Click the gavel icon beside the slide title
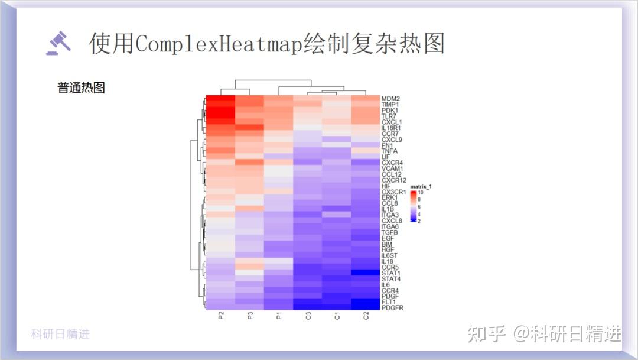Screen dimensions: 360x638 coord(58,43)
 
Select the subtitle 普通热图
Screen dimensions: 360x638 coord(81,88)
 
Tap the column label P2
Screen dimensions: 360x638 coord(220,316)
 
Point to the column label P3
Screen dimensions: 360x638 coord(250,316)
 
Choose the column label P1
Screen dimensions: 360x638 coord(279,316)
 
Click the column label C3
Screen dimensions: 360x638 coord(308,316)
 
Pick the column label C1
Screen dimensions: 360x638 coord(337,316)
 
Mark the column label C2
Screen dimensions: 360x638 coord(366,316)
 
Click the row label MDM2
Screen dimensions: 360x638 coord(390,99)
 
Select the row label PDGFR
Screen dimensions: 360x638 coord(392,307)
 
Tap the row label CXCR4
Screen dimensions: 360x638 coord(392,163)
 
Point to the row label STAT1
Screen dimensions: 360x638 coord(391,273)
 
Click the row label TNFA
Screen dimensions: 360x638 coord(390,151)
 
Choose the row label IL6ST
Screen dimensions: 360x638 coord(391,255)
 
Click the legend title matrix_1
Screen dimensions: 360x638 coord(422,187)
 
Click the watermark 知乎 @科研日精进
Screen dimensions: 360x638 coord(544,334)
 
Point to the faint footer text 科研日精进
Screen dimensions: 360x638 coord(60,334)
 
